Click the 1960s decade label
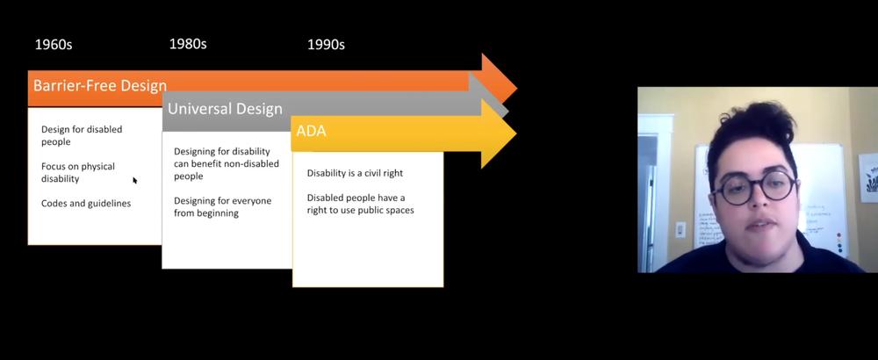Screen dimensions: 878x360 54,45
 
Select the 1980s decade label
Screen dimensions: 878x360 188,44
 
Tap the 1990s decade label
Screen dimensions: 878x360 326,45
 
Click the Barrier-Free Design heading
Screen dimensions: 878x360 100,86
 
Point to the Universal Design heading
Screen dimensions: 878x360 225,109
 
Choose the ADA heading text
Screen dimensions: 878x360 311,132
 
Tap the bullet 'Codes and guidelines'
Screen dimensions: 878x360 86,203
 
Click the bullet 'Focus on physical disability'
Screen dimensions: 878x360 78,172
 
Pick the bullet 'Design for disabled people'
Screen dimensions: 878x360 82,135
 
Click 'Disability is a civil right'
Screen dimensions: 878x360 355,173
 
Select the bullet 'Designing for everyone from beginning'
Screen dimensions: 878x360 222,206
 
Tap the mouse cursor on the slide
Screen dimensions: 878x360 135,180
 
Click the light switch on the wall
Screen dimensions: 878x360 680,229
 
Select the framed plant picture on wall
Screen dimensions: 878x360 868,177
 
